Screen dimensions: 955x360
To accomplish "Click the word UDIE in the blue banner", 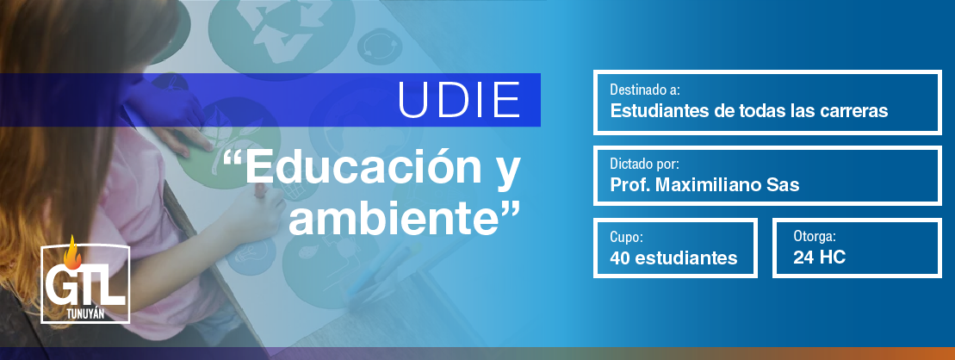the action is pos(459,99).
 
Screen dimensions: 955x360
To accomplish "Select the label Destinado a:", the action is pos(645,90).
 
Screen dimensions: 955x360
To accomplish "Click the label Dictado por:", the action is pos(644,164).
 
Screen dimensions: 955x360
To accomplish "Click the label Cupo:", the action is pos(627,238).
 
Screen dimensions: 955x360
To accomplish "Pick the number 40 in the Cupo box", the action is pos(620,258).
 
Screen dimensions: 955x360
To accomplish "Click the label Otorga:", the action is pos(815,237).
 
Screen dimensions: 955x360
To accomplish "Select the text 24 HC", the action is pos(819,258).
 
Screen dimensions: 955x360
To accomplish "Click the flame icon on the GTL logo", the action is pos(72,252).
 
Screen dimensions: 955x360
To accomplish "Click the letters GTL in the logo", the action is pos(85,288).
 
